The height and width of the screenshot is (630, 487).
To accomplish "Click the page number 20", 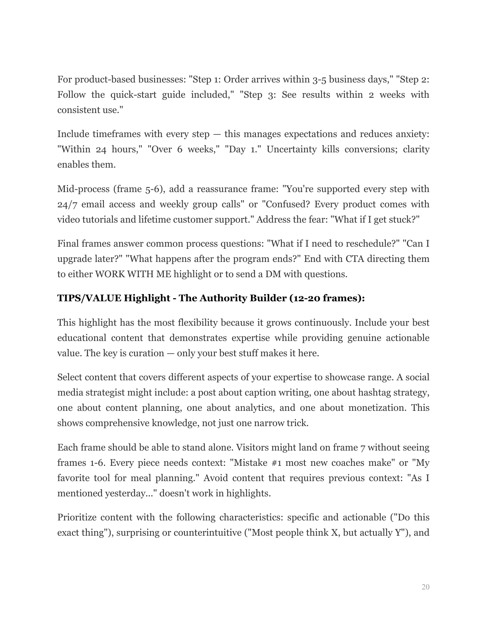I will [426, 587].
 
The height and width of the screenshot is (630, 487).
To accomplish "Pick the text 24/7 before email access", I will [67, 204].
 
